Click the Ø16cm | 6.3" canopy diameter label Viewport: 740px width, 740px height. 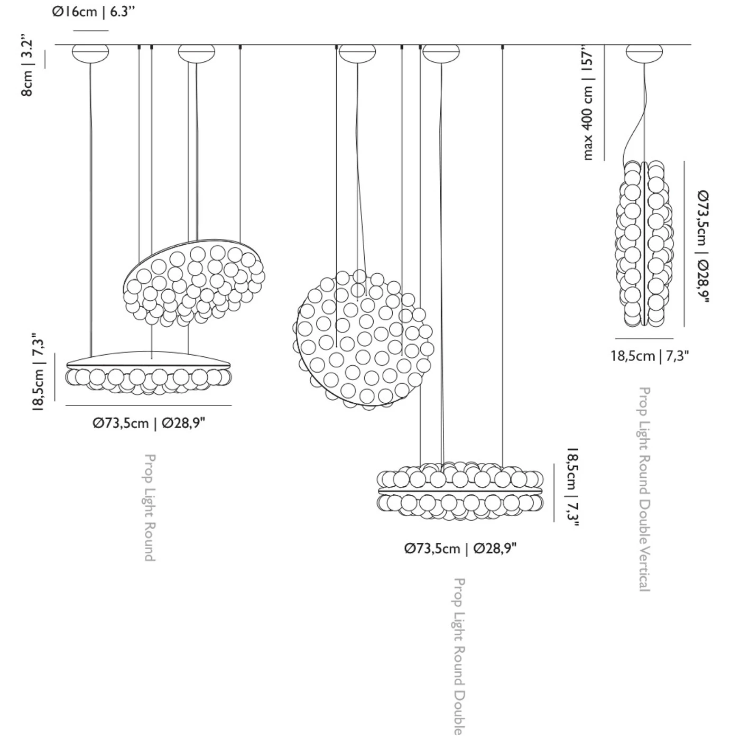coord(94,12)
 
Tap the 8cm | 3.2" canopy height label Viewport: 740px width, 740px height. coord(27,66)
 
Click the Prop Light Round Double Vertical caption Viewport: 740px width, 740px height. coord(644,489)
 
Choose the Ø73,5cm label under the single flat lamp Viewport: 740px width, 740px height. coord(149,423)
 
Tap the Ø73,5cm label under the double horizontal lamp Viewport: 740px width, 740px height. coord(460,548)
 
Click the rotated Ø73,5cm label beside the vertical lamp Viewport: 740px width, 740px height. coord(703,246)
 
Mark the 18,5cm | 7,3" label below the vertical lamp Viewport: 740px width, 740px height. coord(650,356)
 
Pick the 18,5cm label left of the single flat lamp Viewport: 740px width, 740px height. coord(39,372)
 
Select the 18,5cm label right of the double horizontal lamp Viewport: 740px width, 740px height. coord(572,487)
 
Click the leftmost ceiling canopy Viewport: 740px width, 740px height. coord(90,53)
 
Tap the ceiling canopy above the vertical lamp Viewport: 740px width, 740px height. coord(644,53)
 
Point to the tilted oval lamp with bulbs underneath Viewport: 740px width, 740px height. coord(194,282)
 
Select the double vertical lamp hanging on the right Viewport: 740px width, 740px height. coord(644,244)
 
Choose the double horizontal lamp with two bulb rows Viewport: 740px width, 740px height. coord(460,491)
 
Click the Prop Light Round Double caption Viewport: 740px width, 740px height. coord(459,655)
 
